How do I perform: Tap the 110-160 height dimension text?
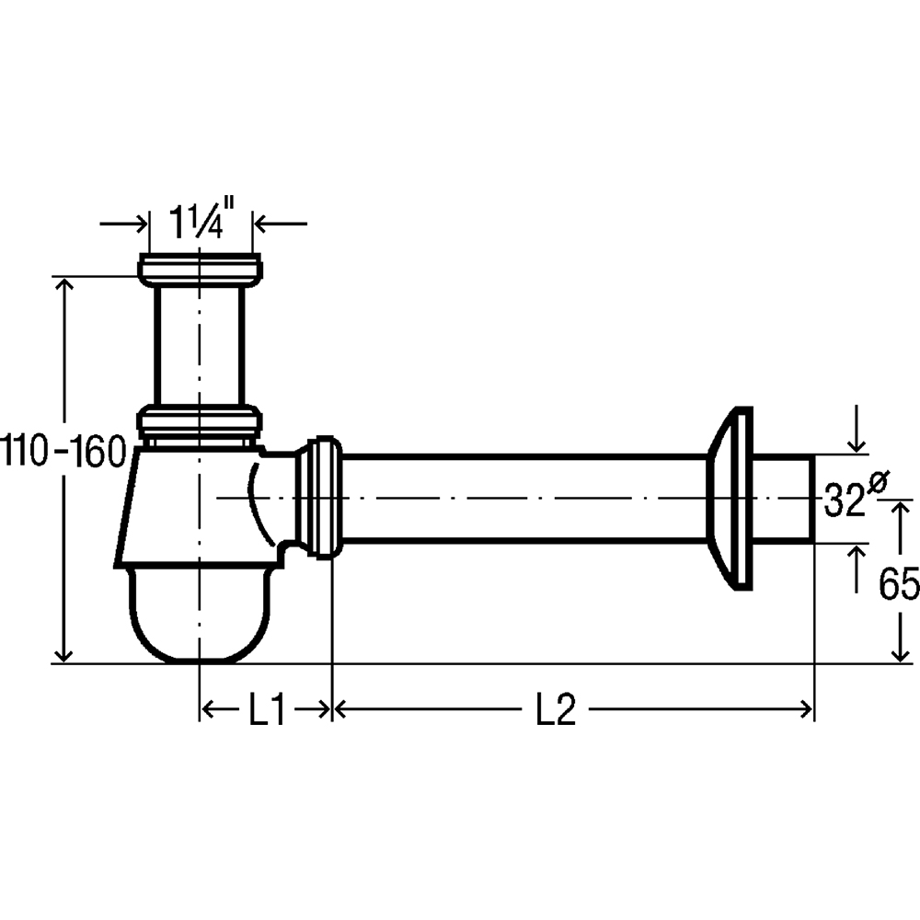(63, 451)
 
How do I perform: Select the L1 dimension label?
(267, 709)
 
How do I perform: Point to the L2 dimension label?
(556, 709)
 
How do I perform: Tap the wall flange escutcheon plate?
(730, 498)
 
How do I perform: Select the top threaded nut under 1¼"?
(200, 270)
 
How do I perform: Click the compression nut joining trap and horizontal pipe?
(320, 498)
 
